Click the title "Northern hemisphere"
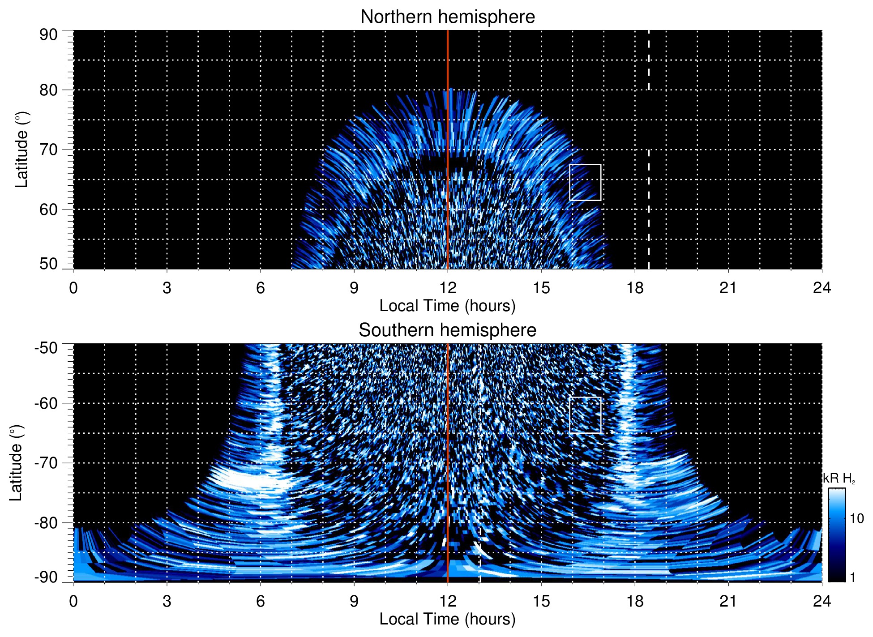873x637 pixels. click(447, 17)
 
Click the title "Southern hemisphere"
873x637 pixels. click(447, 330)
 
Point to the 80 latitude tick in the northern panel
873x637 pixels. click(48, 90)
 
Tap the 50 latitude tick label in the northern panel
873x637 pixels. click(48, 264)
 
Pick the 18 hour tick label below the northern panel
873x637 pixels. click(634, 287)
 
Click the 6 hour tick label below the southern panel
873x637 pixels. click(260, 601)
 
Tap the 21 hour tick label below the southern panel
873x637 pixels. click(728, 601)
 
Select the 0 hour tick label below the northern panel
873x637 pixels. click(73, 287)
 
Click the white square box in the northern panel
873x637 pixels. click(585, 183)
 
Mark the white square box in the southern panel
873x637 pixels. click(585, 415)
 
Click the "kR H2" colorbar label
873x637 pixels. click(839, 479)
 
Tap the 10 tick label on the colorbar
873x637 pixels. click(856, 518)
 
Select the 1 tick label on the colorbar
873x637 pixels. click(852, 577)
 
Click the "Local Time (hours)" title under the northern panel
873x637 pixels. click(447, 306)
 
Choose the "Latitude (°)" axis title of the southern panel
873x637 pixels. click(16, 463)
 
